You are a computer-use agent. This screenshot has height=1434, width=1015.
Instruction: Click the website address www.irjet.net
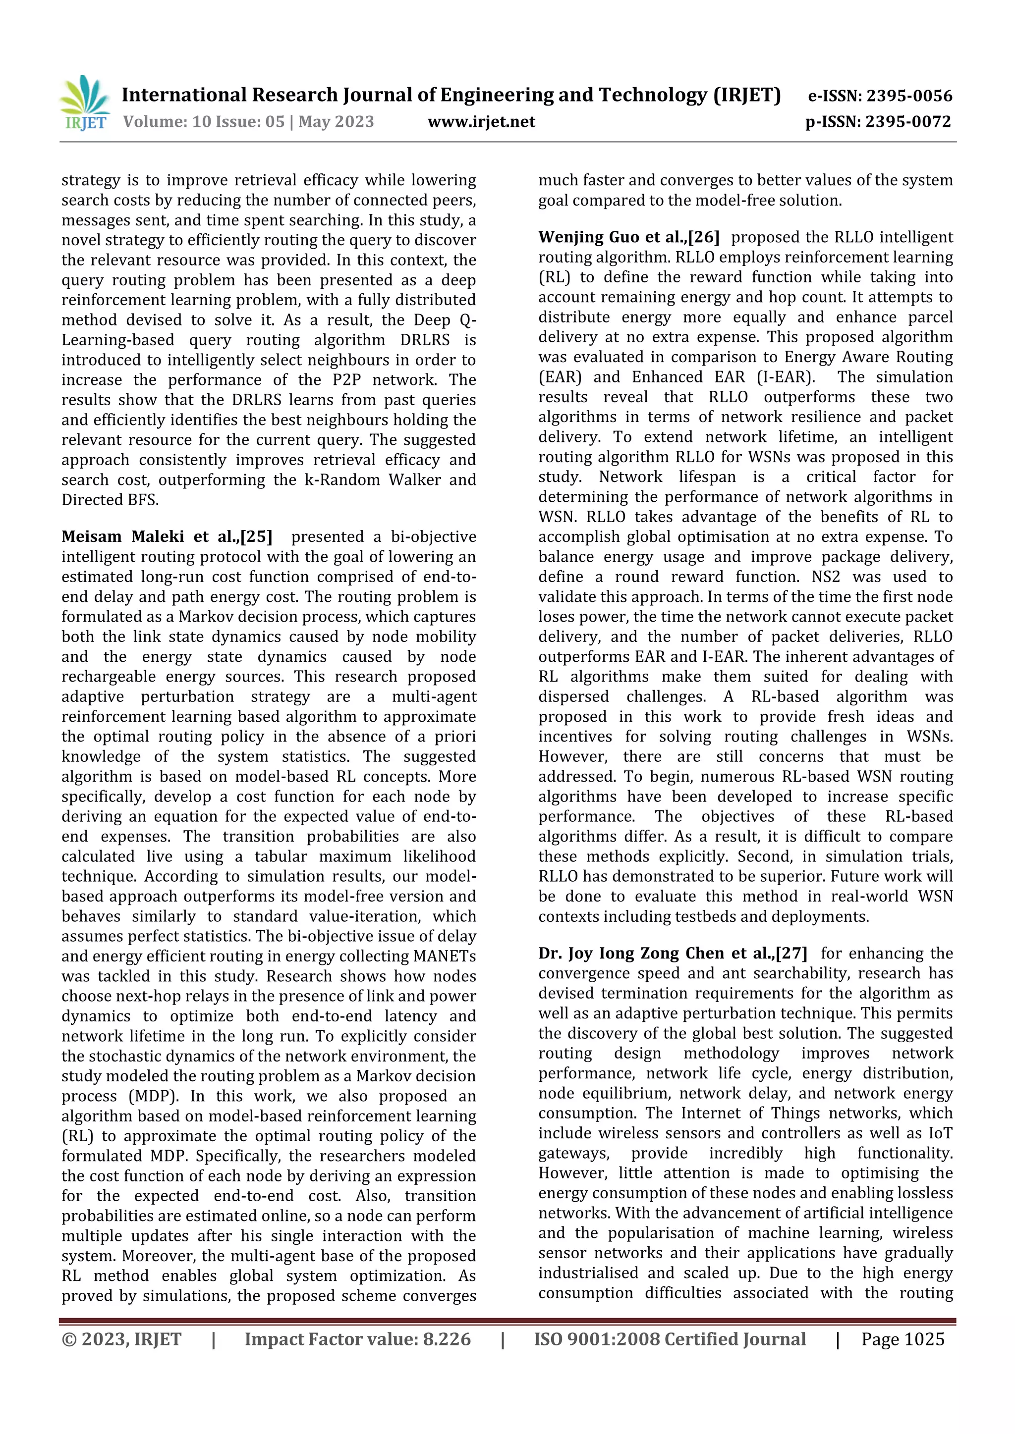tap(481, 122)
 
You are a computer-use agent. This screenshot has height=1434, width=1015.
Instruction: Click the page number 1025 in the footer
tap(924, 1339)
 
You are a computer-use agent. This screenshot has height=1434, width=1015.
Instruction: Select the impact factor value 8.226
tap(447, 1339)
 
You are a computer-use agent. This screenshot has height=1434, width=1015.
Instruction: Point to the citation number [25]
tap(256, 536)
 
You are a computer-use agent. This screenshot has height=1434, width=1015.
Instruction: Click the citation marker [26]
tap(704, 237)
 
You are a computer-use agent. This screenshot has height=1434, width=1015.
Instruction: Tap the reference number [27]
tap(791, 953)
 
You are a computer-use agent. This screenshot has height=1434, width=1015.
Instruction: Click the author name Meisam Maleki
tap(122, 536)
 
